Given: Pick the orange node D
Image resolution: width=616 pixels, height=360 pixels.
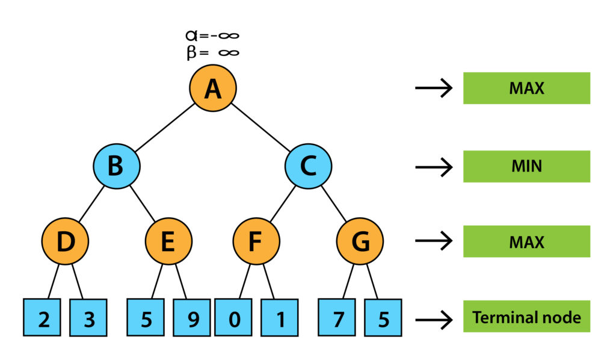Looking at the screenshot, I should click(x=65, y=241).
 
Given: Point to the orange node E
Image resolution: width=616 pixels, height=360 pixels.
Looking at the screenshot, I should click(x=168, y=241).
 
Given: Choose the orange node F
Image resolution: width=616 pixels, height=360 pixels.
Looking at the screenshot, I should click(x=256, y=241).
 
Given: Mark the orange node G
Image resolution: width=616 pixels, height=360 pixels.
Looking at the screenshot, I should click(x=360, y=241).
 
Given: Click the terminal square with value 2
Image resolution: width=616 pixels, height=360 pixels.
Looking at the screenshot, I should click(x=43, y=317).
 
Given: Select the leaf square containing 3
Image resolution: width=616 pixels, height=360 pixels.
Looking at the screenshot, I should click(x=89, y=317).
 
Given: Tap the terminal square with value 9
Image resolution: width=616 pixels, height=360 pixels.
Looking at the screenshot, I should click(x=192, y=317).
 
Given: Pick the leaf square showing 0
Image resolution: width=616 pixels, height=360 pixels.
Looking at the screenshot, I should click(x=233, y=317).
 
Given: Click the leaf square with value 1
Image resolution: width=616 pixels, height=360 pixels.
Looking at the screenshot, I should click(x=280, y=317).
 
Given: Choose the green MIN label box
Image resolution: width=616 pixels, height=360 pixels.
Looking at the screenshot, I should click(x=526, y=166).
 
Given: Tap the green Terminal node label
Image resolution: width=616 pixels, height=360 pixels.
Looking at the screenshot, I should click(x=526, y=317).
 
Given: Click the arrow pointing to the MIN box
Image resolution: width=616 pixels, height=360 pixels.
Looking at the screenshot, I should click(x=433, y=166).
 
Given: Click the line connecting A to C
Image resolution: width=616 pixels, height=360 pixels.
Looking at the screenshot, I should click(x=260, y=126).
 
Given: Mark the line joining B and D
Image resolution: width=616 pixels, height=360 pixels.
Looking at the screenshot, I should click(x=90, y=203).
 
